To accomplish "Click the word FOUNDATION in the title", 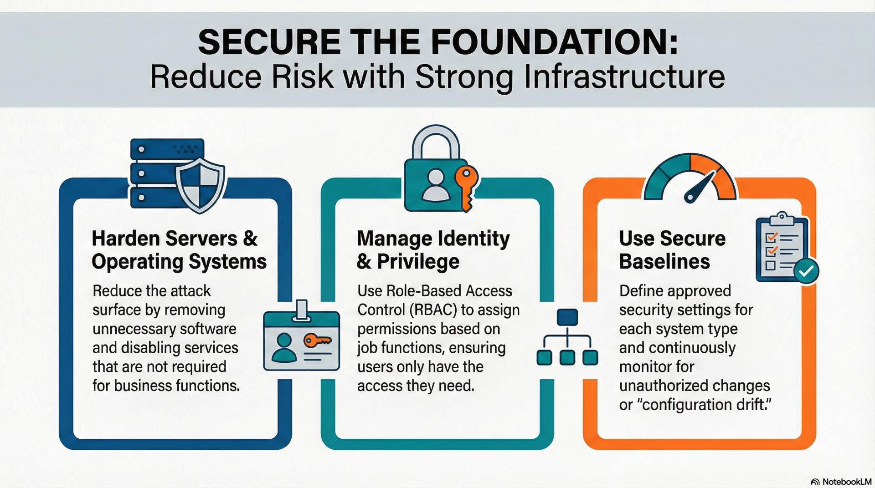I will coord(554,42).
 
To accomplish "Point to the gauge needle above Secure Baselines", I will coord(698,187).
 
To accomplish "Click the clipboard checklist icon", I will coord(781,248).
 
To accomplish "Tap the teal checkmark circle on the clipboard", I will coord(806,271).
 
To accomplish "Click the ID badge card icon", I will coord(301,339).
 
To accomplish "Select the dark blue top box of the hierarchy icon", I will coord(567,317).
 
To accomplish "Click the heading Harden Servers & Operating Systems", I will coord(179,250).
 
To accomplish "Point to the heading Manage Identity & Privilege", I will coord(433,250).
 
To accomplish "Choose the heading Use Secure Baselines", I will coord(672,250).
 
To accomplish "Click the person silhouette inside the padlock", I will coord(436,185).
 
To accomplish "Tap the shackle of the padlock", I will coord(436,142).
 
